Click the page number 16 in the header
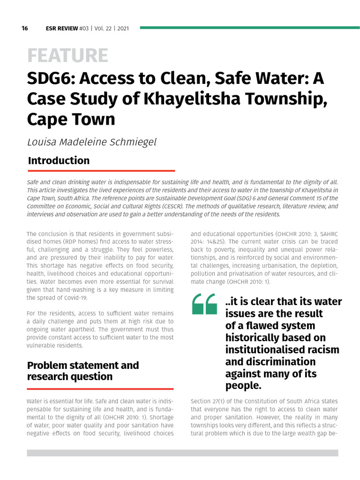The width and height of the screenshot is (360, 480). (x=24, y=28)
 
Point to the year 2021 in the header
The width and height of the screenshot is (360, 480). (x=123, y=28)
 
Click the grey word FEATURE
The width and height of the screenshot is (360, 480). (x=67, y=56)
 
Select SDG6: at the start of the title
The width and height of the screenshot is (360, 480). (x=49, y=79)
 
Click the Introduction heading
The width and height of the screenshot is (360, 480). (x=59, y=160)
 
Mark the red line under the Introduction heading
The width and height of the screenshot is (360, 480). (x=101, y=171)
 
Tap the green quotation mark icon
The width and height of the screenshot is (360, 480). (x=204, y=304)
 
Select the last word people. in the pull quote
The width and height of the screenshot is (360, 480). (x=243, y=386)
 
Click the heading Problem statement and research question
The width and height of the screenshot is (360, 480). (x=83, y=371)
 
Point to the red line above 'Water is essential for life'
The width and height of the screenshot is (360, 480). (x=100, y=389)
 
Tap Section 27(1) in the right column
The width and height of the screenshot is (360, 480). (x=210, y=402)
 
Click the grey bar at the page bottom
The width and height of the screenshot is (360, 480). (x=182, y=453)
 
